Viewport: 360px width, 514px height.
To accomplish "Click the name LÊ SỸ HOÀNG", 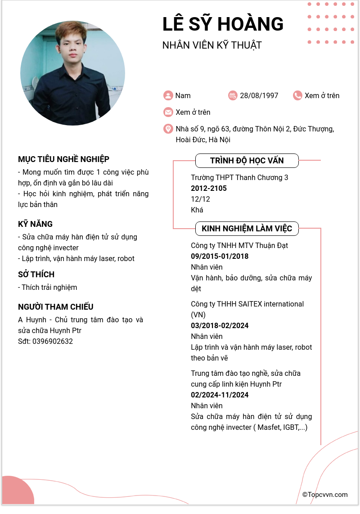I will click(223, 24).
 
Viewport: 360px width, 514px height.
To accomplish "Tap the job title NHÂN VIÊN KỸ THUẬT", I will click(211, 45).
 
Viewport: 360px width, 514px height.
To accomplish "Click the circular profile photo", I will click(72, 73).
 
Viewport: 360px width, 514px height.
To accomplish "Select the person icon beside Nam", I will click(168, 95).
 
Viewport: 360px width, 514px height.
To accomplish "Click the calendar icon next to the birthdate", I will click(233, 95).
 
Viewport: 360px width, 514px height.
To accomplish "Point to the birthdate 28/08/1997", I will click(259, 95).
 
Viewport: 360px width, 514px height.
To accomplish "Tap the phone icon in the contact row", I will click(297, 95).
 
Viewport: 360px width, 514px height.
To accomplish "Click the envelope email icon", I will click(168, 112).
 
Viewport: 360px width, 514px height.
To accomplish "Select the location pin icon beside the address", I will click(168, 129).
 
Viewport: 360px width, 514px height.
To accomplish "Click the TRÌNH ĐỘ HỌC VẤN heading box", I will click(247, 161).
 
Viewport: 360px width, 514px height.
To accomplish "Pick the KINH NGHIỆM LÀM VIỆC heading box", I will click(247, 229).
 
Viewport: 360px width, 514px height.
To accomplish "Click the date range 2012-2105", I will click(209, 188).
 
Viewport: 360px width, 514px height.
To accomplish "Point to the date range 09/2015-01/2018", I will click(220, 256).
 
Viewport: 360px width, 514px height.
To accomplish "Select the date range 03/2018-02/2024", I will click(220, 325).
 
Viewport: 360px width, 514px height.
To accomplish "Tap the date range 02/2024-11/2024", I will click(220, 395).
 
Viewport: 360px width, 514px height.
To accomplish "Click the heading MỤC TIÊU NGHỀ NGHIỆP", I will click(63, 159).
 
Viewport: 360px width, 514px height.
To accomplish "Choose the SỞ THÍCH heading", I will click(36, 274).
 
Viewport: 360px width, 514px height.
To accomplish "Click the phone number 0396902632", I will click(52, 341).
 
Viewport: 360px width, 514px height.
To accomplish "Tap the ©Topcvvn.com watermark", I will click(325, 495).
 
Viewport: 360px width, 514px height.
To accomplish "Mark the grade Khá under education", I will click(197, 210).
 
